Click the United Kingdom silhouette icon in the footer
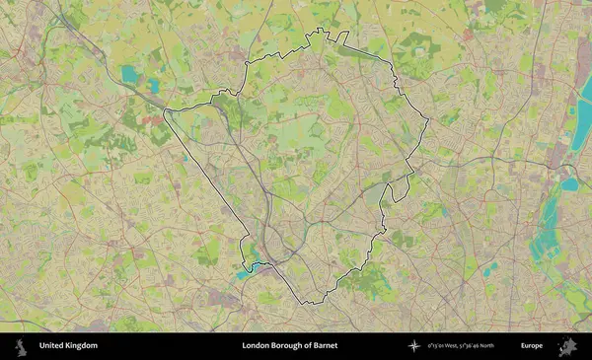[20, 346]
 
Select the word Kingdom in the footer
[83, 346]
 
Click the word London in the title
[257, 346]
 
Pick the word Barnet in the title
[334, 346]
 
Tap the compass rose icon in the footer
[413, 346]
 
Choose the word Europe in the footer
[532, 346]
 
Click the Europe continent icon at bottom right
[567, 346]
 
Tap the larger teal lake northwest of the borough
[130, 73]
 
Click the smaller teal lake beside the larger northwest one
[153, 86]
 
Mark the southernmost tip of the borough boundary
[306, 303]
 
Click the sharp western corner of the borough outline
[165, 109]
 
